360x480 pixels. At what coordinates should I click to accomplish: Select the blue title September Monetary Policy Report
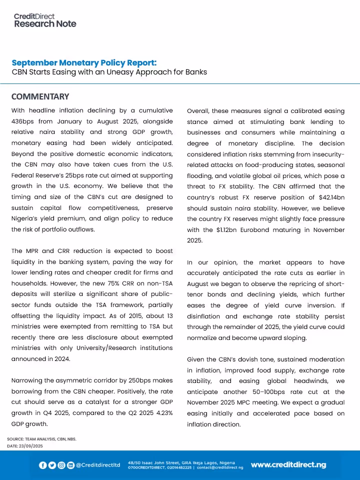(84, 62)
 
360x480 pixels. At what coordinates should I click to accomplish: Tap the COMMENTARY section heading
(40, 96)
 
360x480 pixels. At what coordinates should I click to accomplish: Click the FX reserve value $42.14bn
(313, 197)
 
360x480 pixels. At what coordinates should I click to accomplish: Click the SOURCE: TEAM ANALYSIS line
(41, 438)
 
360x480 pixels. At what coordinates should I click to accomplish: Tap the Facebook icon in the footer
(43, 465)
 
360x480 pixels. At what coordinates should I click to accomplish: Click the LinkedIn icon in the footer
(70, 465)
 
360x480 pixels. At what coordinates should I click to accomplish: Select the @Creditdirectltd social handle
(98, 465)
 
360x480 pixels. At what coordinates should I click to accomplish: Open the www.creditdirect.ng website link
(288, 464)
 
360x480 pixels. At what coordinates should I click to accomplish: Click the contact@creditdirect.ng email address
(220, 467)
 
